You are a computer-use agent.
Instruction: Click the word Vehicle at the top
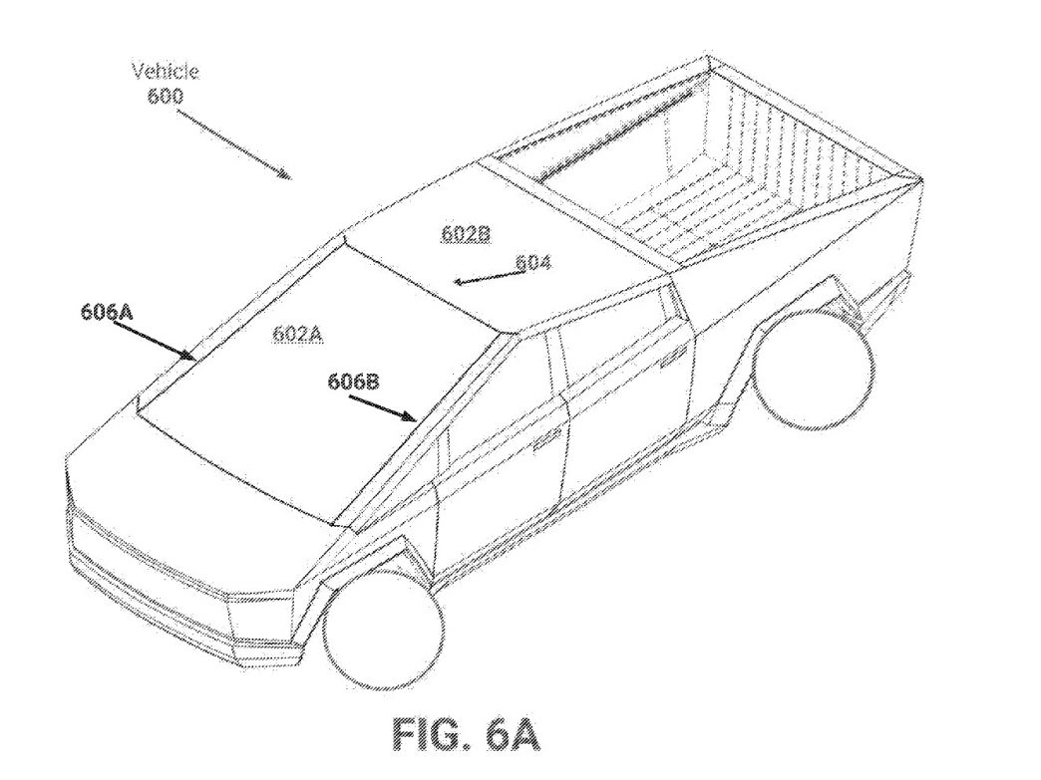point(166,71)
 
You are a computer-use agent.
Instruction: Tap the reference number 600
point(165,97)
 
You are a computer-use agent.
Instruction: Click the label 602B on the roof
point(466,233)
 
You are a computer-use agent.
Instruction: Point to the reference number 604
point(533,263)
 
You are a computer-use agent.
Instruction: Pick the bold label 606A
point(107,311)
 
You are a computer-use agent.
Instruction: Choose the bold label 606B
point(354,382)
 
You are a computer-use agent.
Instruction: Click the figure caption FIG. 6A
point(466,733)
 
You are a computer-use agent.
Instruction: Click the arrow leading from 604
point(487,277)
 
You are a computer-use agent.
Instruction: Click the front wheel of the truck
point(383,631)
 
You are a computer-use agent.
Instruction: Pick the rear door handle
point(672,356)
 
